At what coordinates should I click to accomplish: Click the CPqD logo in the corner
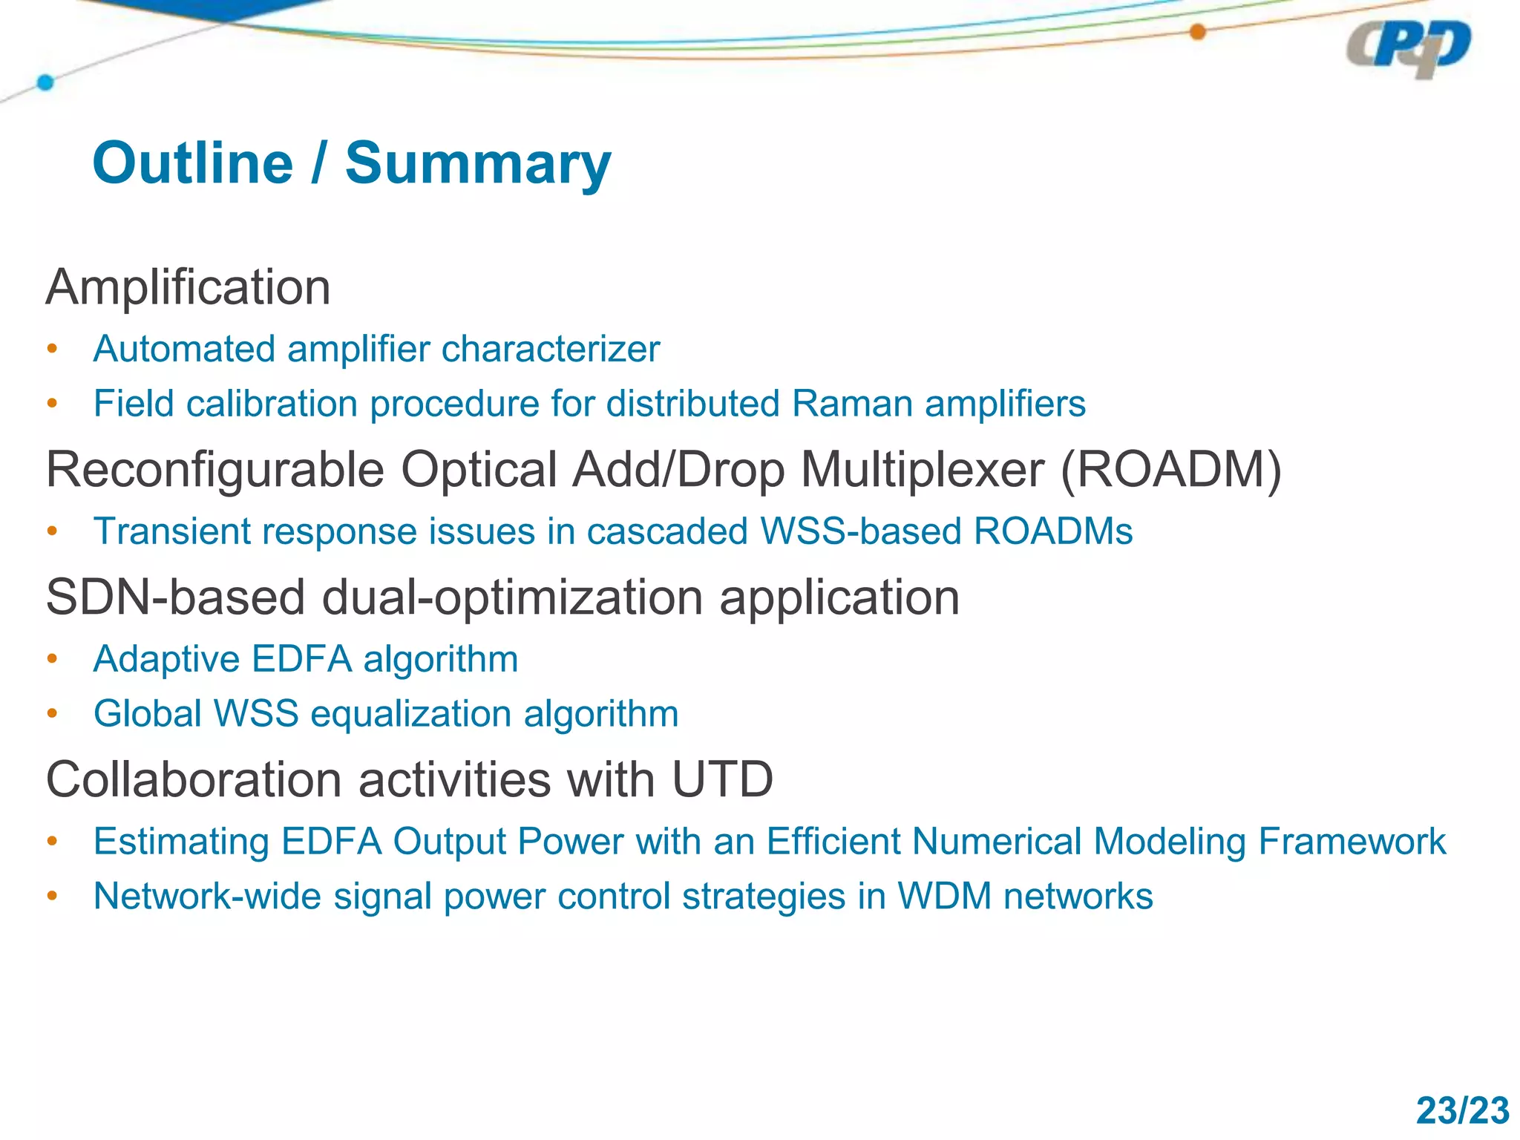click(1408, 48)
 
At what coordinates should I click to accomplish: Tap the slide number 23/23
click(1461, 1111)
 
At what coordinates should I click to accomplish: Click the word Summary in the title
click(478, 163)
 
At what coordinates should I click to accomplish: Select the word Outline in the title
click(193, 163)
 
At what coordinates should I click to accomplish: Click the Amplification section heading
click(188, 287)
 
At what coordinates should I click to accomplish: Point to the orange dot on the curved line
click(1197, 32)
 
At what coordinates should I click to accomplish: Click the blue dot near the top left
click(45, 82)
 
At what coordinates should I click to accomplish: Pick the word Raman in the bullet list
click(851, 404)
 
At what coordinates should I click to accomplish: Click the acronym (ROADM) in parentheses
click(1170, 470)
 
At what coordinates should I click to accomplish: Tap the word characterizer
click(550, 349)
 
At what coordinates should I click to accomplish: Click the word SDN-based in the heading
click(175, 597)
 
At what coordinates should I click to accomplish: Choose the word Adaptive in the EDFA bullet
click(166, 659)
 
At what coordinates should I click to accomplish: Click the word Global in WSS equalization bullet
click(147, 714)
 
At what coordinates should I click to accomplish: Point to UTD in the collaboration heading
click(722, 780)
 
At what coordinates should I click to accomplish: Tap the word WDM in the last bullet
click(944, 897)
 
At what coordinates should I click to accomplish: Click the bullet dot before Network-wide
click(52, 896)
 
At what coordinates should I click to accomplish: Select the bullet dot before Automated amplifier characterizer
click(52, 349)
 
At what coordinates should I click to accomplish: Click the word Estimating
click(180, 842)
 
